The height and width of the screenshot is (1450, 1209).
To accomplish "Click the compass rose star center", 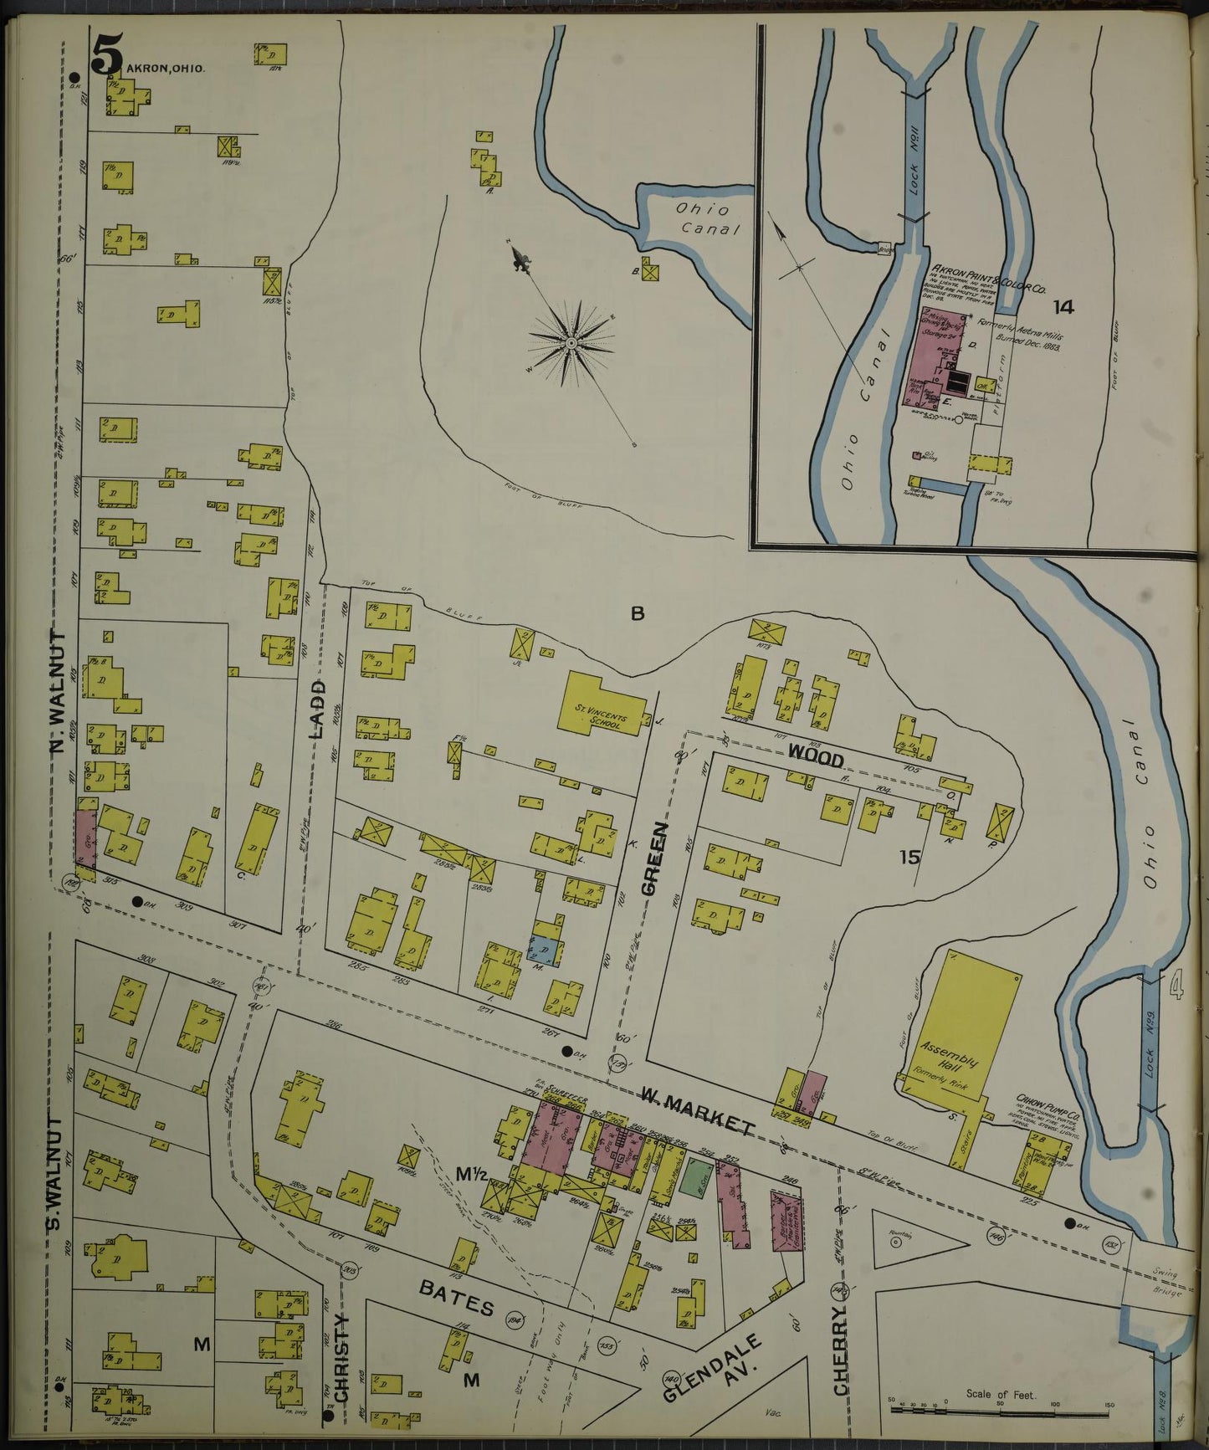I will tap(571, 342).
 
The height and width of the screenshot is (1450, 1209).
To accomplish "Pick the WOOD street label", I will tap(814, 756).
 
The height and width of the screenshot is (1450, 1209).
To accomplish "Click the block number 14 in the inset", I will tap(1063, 307).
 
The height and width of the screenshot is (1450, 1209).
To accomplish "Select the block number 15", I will tap(909, 856).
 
